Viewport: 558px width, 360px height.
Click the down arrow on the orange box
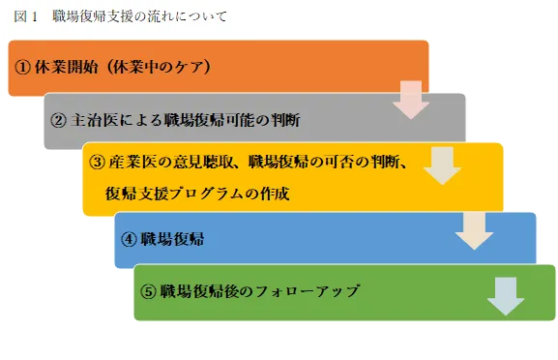click(x=410, y=100)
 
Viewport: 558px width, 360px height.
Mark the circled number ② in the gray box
click(x=57, y=121)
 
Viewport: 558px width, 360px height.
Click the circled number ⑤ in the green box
click(x=148, y=291)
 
